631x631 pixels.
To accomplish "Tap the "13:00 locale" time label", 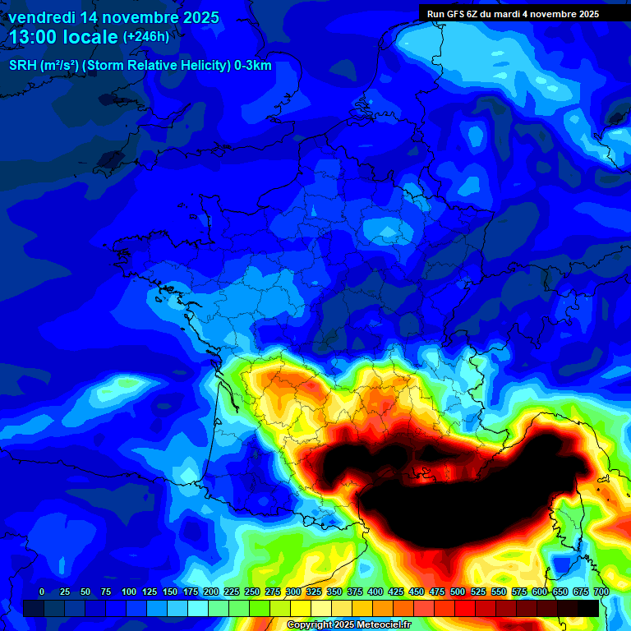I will (64, 37).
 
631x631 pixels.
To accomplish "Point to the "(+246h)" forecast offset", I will (146, 37).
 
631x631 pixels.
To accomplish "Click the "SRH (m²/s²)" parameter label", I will (45, 66).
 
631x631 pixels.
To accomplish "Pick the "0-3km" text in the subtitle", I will (254, 66).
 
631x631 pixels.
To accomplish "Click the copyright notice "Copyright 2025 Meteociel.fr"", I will (348, 625).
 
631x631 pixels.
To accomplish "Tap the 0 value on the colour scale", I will (42, 592).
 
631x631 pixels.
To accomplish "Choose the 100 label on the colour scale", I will (129, 592).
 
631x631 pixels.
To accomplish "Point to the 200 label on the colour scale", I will (211, 592).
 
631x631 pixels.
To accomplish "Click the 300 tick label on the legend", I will (293, 592).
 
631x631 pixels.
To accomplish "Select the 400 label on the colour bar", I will (375, 592).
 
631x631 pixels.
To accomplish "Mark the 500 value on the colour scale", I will (458, 592).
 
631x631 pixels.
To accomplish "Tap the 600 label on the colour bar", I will (540, 592).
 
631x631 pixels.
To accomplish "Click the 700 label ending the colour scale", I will (601, 592).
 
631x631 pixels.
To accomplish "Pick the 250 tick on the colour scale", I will (252, 592).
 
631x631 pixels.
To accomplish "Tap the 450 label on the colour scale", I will (417, 592).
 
